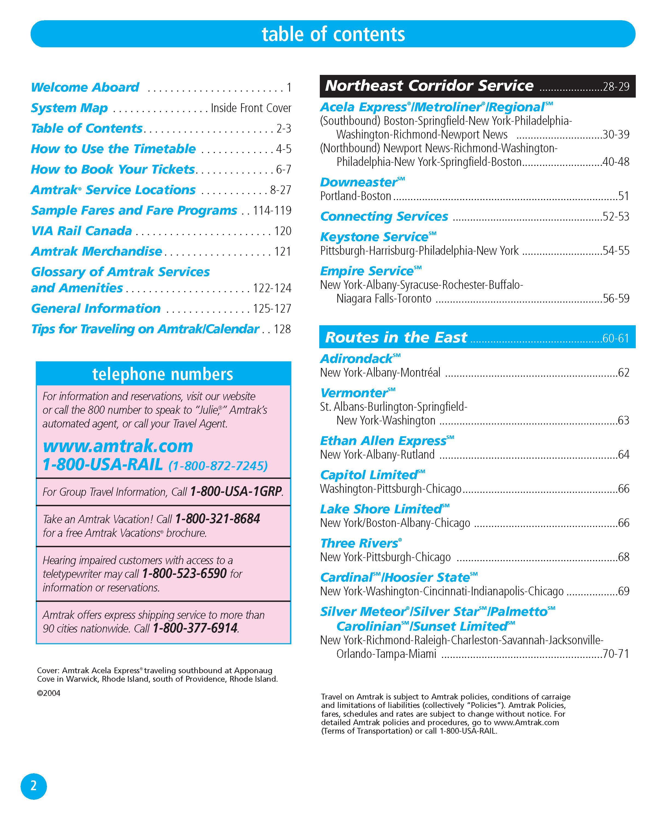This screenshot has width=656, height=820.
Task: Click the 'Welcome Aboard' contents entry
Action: [x=85, y=87]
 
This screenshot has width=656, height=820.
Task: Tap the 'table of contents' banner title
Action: [x=333, y=34]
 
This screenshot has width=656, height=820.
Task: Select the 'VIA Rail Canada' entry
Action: [x=81, y=231]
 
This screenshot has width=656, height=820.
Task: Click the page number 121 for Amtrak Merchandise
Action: [x=283, y=251]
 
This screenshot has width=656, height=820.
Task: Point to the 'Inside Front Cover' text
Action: [x=251, y=108]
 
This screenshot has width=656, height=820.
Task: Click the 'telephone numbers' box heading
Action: [x=163, y=374]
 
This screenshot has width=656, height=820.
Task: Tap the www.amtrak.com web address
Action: [x=118, y=446]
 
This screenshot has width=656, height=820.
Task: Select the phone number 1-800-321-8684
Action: [x=218, y=519]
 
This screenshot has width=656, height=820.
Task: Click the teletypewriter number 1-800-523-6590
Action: [x=184, y=573]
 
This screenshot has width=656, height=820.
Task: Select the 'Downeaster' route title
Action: [x=359, y=182]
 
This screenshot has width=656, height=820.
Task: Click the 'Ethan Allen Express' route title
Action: [x=383, y=441]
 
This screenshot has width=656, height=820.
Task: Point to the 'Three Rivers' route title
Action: [x=359, y=543]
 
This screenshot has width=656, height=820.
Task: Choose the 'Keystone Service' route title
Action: [x=374, y=237]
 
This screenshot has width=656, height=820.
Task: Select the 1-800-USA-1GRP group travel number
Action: [x=236, y=492]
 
